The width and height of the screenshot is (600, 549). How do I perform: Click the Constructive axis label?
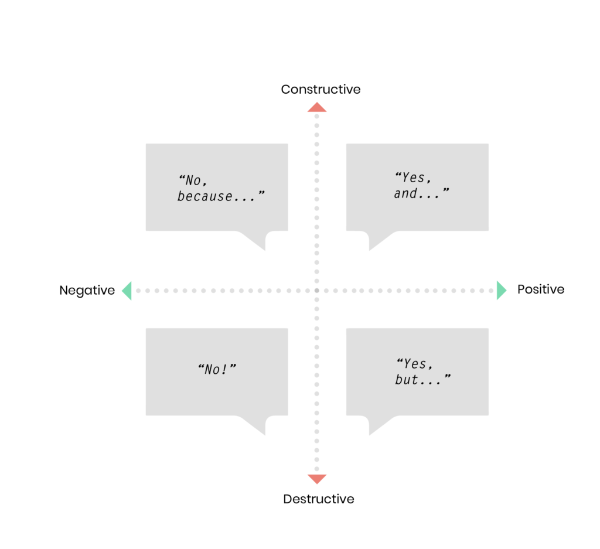pyautogui.click(x=321, y=89)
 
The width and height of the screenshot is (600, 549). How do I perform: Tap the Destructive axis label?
pyautogui.click(x=319, y=499)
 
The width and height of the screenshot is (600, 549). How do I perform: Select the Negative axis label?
pyautogui.click(x=87, y=291)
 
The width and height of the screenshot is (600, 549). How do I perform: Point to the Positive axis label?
pyautogui.click(x=541, y=289)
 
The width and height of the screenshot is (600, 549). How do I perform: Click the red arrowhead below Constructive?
pyautogui.click(x=317, y=107)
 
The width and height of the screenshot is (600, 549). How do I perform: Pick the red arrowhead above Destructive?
pyautogui.click(x=317, y=479)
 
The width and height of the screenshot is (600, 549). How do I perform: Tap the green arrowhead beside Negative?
pyautogui.click(x=127, y=291)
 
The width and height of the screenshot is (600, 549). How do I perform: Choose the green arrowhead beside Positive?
pyautogui.click(x=502, y=291)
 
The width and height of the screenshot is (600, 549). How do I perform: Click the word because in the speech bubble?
pyautogui.click(x=204, y=196)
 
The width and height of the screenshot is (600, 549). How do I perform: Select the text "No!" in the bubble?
pyautogui.click(x=217, y=369)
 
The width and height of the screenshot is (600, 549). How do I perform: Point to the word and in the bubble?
pyautogui.click(x=405, y=193)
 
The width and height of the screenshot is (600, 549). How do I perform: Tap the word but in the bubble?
pyautogui.click(x=407, y=380)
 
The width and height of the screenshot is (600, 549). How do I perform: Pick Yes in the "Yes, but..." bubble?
pyautogui.click(x=415, y=363)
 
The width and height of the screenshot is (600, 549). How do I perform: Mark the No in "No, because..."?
pyautogui.click(x=193, y=180)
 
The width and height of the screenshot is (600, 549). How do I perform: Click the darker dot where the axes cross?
pyautogui.click(x=317, y=291)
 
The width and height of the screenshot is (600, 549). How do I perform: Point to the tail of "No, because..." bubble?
pyautogui.click(x=257, y=240)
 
